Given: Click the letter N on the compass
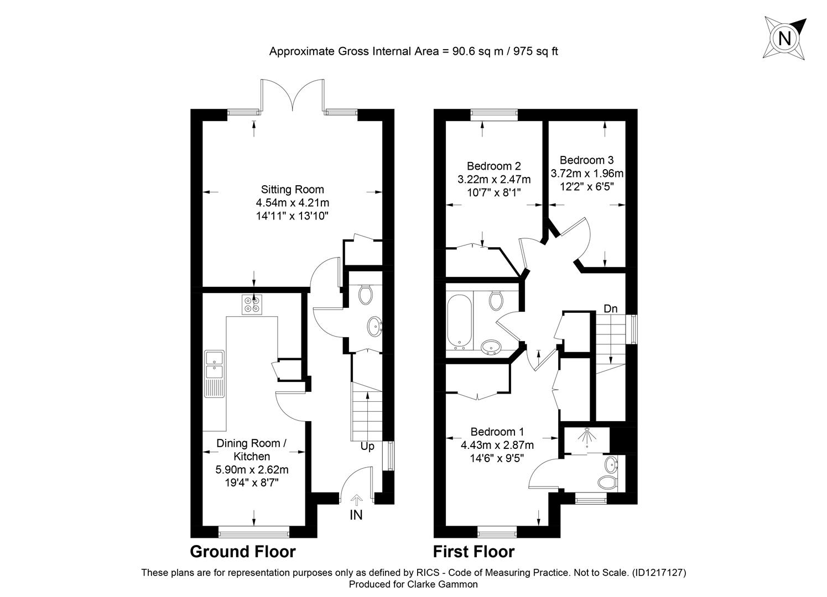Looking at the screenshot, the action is point(784,38).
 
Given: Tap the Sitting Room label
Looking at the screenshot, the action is point(293,190).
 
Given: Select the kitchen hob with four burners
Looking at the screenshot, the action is point(252,305).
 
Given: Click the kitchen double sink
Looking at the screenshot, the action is point(215,374).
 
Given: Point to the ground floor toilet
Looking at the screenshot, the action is point(366,294).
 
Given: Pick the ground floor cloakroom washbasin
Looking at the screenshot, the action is point(375,327).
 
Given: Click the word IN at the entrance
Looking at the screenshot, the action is point(356,515).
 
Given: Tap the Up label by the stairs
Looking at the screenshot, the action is point(367,447).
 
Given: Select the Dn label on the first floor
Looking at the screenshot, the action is point(611,308).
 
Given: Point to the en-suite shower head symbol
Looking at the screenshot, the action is point(587,437).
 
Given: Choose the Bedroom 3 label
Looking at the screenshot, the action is point(587,160).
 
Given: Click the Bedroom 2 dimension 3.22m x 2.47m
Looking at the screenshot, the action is point(494,180).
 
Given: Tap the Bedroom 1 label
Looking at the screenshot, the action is point(497,432).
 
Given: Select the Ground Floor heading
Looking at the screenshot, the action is point(243,552).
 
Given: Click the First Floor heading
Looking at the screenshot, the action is point(474,552).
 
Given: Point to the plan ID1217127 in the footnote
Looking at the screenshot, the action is point(659,573).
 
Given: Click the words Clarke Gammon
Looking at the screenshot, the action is point(443,584).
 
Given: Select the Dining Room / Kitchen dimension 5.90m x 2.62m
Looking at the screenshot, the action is point(252,470).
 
